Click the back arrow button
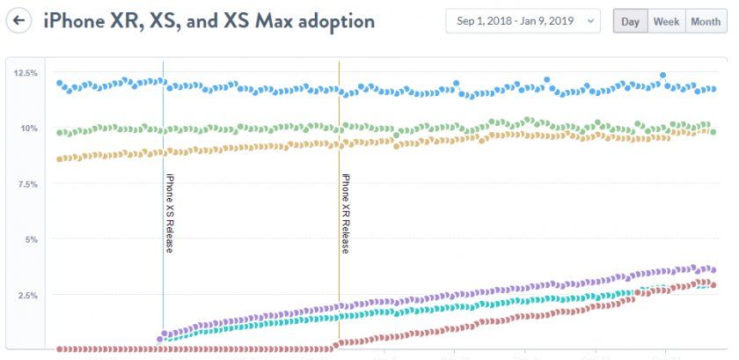click(x=19, y=20)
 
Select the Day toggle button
click(x=630, y=21)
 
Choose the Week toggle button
click(x=666, y=21)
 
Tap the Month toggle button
click(x=706, y=21)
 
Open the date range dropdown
click(x=523, y=21)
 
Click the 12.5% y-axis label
click(x=26, y=73)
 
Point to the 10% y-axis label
click(x=29, y=129)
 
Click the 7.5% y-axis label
click(x=26, y=184)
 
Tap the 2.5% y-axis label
click(x=26, y=295)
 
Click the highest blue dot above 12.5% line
click(x=662, y=76)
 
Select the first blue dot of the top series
click(x=60, y=84)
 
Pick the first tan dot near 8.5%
click(x=60, y=159)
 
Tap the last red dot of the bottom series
click(x=713, y=285)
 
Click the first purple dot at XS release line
click(x=160, y=338)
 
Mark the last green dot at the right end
click(x=713, y=132)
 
